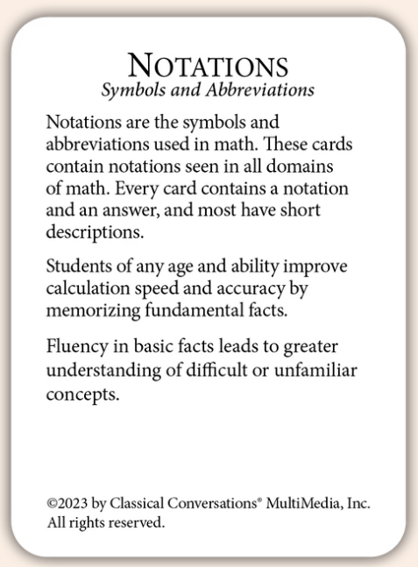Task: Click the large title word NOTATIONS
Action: (x=209, y=67)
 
